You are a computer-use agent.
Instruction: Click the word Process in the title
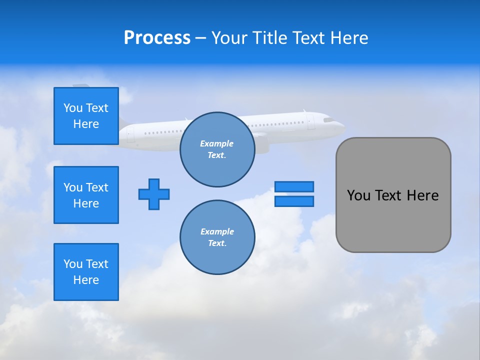coord(157,38)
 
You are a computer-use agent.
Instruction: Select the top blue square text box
coord(86,116)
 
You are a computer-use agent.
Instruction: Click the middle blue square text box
coord(86,195)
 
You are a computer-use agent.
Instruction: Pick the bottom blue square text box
coord(86,272)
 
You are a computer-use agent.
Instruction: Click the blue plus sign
coord(154,194)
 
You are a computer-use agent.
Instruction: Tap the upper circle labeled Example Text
coord(217,149)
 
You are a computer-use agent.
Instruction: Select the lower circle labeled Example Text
coord(217,237)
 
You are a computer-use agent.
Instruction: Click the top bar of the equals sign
coord(294,186)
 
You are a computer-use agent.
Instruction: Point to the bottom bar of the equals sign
coord(294,201)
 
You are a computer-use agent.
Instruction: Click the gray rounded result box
coord(393,195)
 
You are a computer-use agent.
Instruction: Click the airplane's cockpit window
coord(328,120)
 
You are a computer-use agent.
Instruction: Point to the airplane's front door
coord(311,122)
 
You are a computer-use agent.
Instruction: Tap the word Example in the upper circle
coord(216,143)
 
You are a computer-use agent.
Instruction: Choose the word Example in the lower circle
coord(217,231)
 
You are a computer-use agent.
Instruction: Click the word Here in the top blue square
coord(86,124)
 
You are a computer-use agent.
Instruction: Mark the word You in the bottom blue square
coord(72,263)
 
